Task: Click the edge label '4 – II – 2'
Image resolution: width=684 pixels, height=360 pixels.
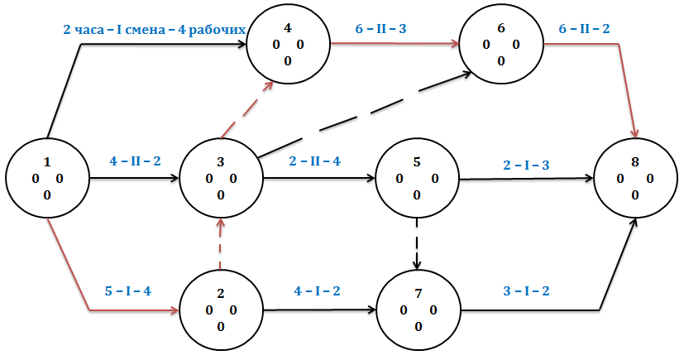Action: click(134, 161)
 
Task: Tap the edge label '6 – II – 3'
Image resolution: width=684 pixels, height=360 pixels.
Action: click(380, 29)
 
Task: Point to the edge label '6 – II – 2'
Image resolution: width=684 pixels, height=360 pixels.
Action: click(585, 29)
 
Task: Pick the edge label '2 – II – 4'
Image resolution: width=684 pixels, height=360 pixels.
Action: click(315, 161)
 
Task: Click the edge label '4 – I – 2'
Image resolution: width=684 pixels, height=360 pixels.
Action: click(317, 290)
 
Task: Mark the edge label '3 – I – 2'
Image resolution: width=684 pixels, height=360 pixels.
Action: click(526, 290)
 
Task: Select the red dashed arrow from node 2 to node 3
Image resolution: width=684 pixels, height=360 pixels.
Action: click(220, 245)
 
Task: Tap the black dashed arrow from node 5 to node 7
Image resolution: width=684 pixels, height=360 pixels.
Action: click(419, 245)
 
